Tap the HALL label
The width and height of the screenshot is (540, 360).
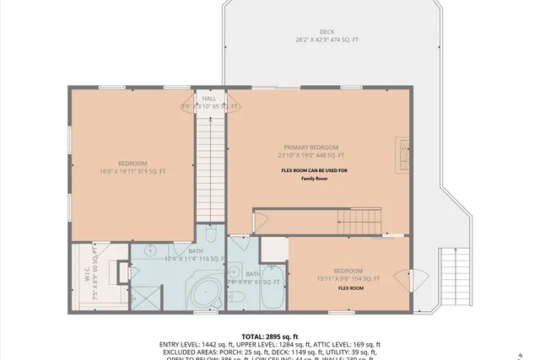tap(208, 99)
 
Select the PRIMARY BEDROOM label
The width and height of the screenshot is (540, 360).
tap(313, 146)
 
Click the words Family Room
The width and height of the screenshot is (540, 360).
tap(313, 179)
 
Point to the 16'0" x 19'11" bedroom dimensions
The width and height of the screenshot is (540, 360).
tap(132, 172)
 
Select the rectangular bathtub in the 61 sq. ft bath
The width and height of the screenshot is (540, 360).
tap(272, 292)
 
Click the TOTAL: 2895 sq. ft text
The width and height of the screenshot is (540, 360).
tap(270, 336)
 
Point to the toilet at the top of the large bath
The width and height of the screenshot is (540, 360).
tap(211, 234)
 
